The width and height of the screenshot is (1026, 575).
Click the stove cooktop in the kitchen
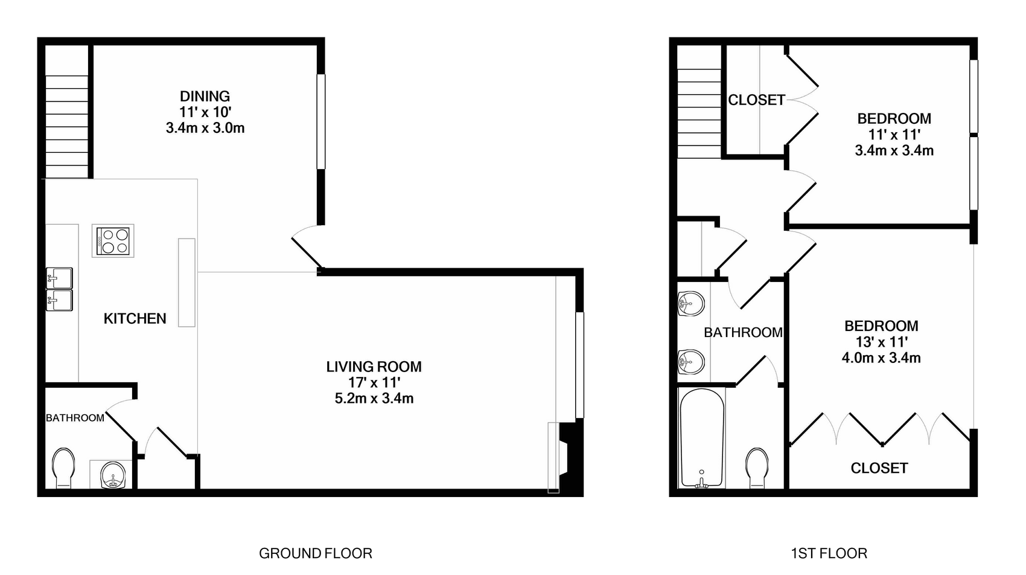113,241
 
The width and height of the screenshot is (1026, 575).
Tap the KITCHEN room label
135,318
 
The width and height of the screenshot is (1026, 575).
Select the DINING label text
205,96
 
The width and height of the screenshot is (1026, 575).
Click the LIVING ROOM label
374,367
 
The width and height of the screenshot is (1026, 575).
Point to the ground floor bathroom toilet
63,467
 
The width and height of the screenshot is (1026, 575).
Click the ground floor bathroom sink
113,475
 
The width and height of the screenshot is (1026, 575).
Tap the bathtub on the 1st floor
702,438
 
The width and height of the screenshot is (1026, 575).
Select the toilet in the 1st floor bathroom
757,467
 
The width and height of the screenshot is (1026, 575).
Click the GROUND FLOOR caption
316,553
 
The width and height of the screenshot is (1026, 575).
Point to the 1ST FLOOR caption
829,553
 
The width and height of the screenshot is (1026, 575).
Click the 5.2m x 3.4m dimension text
374,398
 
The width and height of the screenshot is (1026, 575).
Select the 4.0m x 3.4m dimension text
881,358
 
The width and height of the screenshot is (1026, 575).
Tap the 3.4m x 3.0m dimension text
205,127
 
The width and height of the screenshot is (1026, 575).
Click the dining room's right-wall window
321,121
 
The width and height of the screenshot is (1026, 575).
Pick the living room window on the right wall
580,365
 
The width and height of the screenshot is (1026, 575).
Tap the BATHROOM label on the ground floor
75,418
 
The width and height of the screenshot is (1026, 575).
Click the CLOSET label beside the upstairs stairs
757,100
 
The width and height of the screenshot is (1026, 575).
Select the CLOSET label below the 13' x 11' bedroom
879,468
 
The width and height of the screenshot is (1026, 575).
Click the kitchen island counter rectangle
186,283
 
